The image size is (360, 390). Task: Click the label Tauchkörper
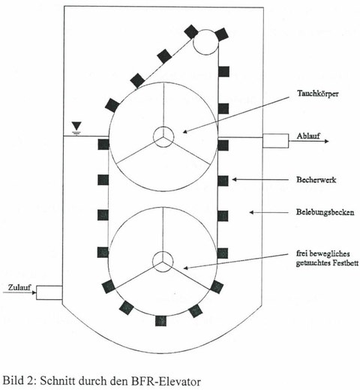click(x=318, y=94)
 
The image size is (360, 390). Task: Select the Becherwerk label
click(x=316, y=180)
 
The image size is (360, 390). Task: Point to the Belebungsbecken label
click(x=325, y=212)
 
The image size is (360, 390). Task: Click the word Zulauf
click(x=19, y=287)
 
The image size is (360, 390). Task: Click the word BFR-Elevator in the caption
click(x=166, y=382)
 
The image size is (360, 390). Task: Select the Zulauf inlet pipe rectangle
click(x=49, y=292)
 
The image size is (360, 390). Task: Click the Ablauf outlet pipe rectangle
click(x=275, y=141)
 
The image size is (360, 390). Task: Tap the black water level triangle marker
click(x=76, y=126)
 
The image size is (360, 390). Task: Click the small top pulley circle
click(x=206, y=42)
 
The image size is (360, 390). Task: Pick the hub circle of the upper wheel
click(x=163, y=136)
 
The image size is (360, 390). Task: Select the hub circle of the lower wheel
click(x=163, y=262)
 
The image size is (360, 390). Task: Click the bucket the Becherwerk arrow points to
click(x=223, y=181)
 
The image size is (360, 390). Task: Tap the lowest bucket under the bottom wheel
click(x=160, y=321)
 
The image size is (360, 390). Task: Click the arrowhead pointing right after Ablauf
click(x=326, y=141)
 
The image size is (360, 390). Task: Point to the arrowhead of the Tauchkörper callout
click(x=185, y=131)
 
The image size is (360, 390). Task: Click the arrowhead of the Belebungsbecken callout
click(x=251, y=212)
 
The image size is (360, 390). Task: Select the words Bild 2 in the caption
click(x=20, y=382)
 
